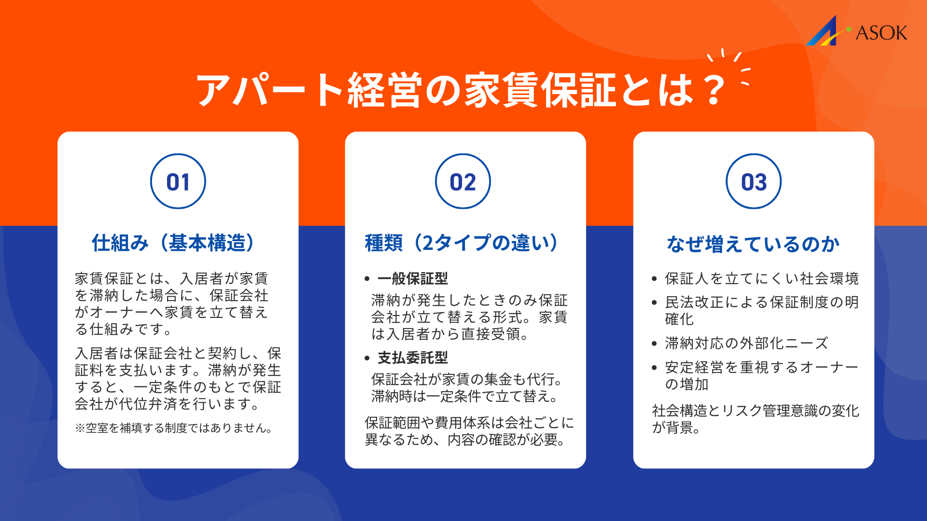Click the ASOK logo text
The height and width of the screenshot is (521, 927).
[881, 33]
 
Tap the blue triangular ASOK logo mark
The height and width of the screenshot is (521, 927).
[824, 33]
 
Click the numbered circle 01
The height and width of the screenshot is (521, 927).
[178, 181]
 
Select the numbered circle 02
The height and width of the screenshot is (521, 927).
[463, 181]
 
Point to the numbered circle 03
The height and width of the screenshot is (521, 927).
[754, 181]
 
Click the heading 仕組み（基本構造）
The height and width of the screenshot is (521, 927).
[173, 243]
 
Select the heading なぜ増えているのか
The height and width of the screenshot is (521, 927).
[753, 244]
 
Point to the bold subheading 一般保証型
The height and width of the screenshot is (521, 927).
[413, 278]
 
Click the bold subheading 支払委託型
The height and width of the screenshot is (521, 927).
[413, 357]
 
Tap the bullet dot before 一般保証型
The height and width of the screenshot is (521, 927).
[367, 279]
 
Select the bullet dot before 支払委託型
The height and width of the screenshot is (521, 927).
[367, 358]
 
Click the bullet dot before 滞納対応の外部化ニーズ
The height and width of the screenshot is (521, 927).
[654, 343]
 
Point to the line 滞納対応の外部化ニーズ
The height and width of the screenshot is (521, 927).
[746, 343]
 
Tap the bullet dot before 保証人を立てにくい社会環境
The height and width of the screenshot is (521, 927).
[654, 279]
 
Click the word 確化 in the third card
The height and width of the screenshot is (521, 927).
[679, 319]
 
